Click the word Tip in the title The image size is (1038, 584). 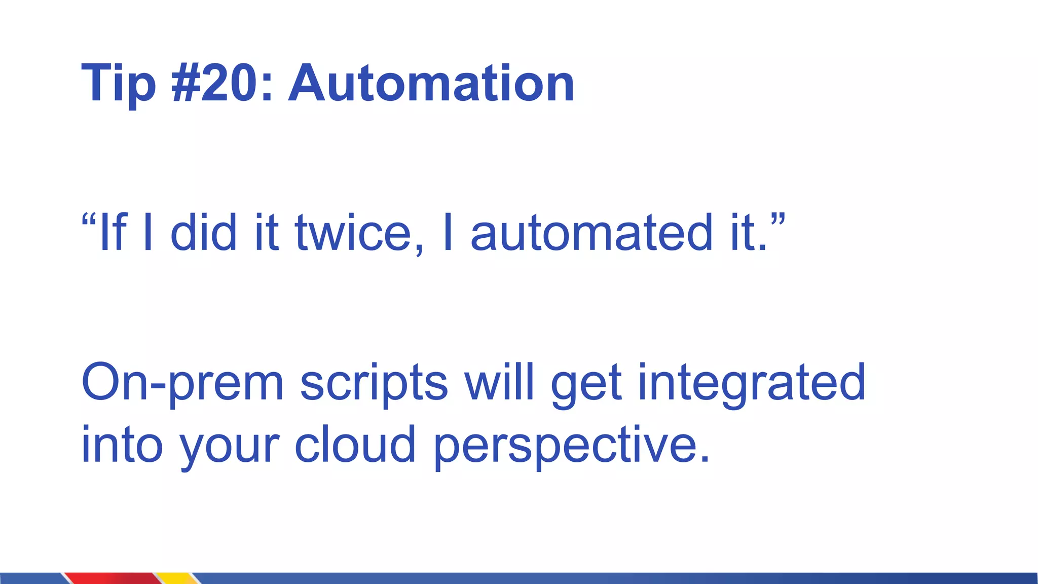click(118, 84)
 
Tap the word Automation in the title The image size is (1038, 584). click(431, 83)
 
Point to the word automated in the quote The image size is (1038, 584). click(591, 233)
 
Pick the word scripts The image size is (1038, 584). click(374, 383)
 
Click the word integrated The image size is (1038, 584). click(751, 383)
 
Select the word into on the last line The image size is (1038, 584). click(122, 445)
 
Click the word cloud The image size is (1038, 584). click(355, 444)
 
